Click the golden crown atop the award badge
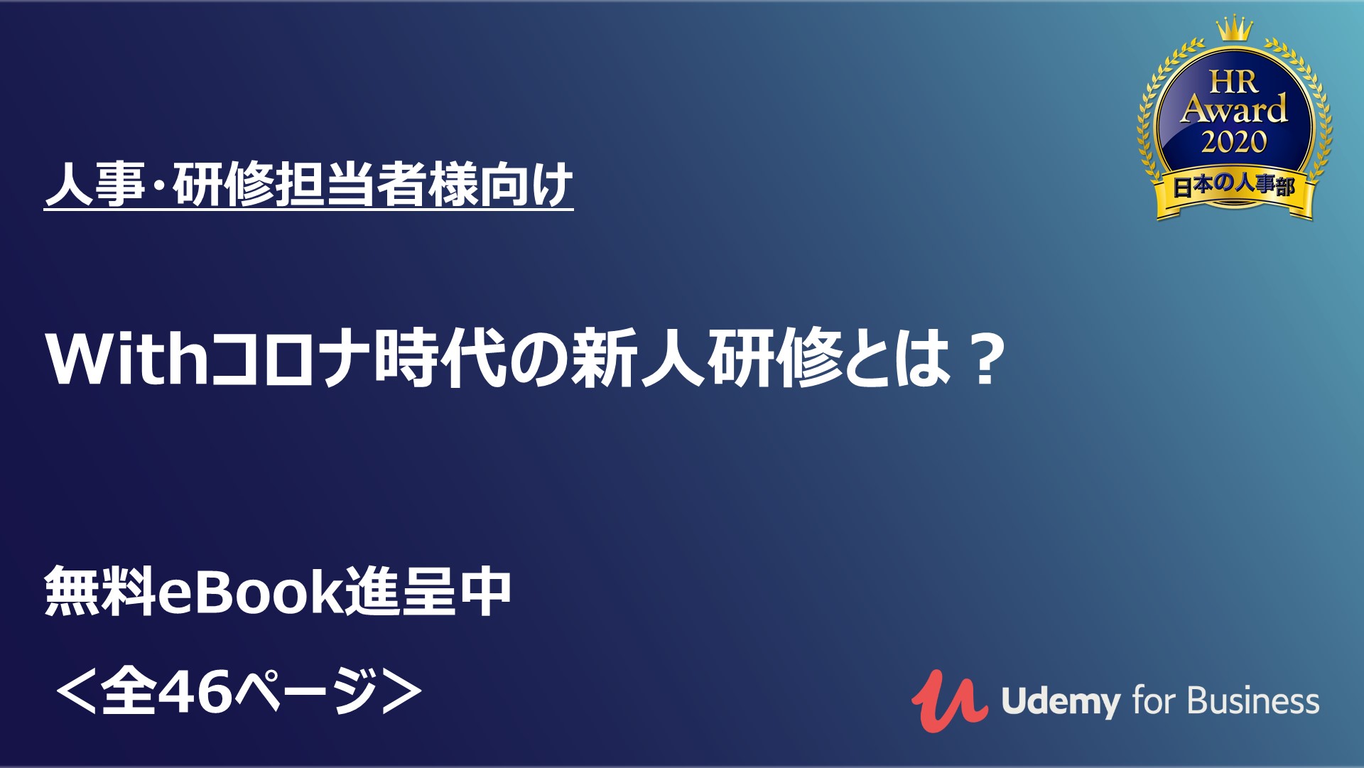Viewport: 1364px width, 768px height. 1233,28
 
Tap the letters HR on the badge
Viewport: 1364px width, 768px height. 1234,82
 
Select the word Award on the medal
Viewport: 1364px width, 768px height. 1234,109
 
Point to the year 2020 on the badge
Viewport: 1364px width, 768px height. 1234,142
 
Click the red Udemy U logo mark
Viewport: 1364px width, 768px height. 949,701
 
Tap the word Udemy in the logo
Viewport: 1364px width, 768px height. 1059,702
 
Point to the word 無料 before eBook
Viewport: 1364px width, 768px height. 100,591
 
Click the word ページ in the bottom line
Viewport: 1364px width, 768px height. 305,691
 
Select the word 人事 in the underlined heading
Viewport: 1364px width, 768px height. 95,185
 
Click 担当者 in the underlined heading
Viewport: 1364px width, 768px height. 351,185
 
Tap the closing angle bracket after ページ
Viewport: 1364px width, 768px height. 402,691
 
